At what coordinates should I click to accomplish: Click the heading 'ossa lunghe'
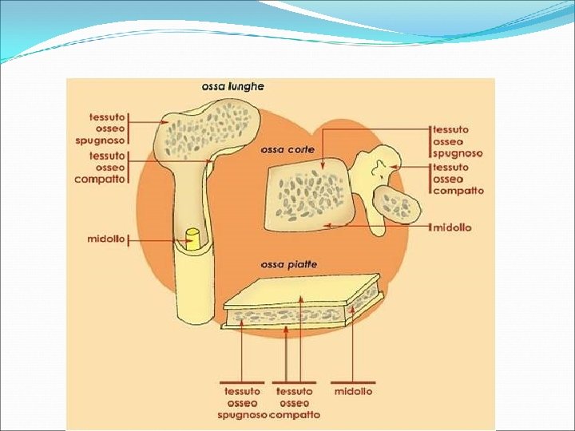pyautogui.click(x=232, y=85)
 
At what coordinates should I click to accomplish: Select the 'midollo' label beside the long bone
pyautogui.click(x=106, y=239)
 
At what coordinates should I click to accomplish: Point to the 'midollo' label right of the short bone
pyautogui.click(x=452, y=227)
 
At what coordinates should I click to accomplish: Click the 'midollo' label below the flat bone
pyautogui.click(x=353, y=391)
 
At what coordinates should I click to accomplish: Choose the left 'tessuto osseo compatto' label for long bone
pyautogui.click(x=107, y=168)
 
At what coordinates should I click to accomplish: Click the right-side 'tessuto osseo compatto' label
pyautogui.click(x=458, y=179)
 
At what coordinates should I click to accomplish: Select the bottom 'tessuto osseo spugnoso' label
pyautogui.click(x=242, y=402)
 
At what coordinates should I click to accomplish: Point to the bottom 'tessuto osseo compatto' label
pyautogui.click(x=295, y=402)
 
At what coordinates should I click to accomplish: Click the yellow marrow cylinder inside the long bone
pyautogui.click(x=192, y=239)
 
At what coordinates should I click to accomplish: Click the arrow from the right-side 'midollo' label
pyautogui.click(x=375, y=226)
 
